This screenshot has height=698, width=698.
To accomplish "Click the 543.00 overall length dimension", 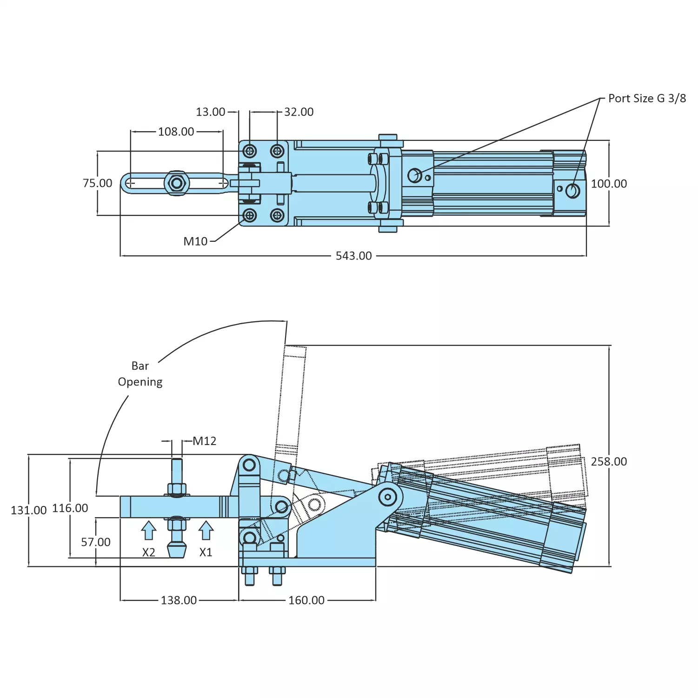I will (x=353, y=256).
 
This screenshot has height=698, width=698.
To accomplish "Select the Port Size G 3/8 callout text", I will (x=646, y=99).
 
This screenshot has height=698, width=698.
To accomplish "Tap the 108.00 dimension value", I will (x=176, y=132).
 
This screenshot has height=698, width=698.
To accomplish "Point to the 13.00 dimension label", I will (x=210, y=112).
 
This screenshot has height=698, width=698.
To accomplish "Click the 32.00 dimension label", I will (x=299, y=112).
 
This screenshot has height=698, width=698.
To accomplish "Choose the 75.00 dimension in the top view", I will (x=97, y=183).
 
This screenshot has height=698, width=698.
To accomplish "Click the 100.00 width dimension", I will (x=609, y=184).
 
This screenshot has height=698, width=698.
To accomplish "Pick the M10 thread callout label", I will (x=195, y=241).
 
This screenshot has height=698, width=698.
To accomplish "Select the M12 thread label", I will (x=205, y=441).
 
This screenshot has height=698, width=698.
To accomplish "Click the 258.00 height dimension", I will (x=609, y=461).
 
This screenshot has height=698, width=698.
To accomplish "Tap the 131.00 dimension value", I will (x=28, y=510).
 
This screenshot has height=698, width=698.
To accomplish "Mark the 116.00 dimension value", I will (x=70, y=508).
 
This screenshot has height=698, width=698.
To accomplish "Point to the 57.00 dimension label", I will (x=96, y=542).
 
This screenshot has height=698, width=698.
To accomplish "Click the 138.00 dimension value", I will (x=179, y=600).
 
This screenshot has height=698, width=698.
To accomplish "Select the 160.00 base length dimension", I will (x=306, y=600).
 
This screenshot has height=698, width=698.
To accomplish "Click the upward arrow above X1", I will (x=206, y=531).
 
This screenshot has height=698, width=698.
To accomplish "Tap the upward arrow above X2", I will (x=148, y=531).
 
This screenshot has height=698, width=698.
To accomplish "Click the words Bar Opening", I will (x=140, y=374).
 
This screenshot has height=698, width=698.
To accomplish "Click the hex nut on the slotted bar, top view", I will (x=177, y=183).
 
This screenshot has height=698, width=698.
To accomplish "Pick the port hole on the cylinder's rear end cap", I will (x=573, y=191).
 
